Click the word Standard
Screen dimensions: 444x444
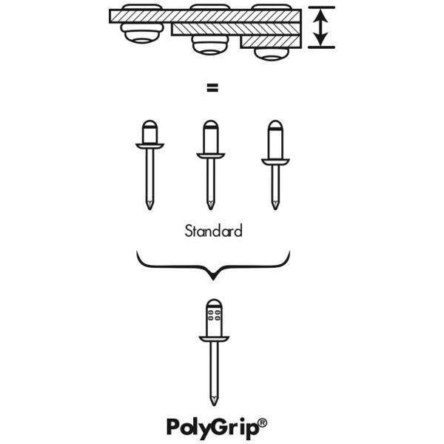(x=213, y=231)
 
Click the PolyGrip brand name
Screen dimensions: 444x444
(x=212, y=427)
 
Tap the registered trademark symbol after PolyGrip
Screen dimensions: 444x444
(x=263, y=423)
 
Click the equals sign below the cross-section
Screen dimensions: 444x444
(x=213, y=89)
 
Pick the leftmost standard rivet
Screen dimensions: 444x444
(x=149, y=163)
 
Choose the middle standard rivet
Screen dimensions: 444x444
(x=211, y=163)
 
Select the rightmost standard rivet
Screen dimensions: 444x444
(x=275, y=163)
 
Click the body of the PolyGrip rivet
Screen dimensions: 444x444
(x=213, y=318)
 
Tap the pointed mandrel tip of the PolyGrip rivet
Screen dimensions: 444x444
(x=213, y=399)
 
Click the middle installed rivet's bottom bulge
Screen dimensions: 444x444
(x=210, y=45)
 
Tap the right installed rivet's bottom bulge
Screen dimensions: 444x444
(x=271, y=53)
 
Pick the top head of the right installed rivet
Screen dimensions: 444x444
(x=271, y=7)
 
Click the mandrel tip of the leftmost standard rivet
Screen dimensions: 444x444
(x=149, y=203)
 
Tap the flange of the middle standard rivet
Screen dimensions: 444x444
(x=211, y=155)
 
